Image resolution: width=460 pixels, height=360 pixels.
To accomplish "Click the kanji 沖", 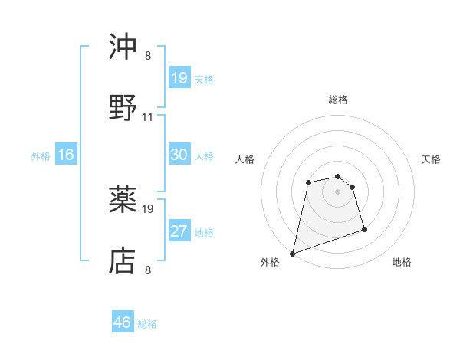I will [123, 48].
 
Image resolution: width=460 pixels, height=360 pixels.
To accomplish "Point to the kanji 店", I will [123, 261].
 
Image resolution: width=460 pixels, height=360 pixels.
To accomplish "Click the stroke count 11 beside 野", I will [148, 117].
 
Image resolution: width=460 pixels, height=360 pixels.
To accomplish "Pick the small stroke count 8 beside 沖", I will [148, 56].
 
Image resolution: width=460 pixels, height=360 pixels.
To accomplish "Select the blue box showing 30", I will [179, 155].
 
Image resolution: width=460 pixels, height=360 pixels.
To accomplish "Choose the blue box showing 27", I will [179, 231].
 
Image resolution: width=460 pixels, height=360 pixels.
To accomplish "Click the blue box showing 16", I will [66, 155].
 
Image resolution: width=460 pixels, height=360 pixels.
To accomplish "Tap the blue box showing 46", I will [123, 322].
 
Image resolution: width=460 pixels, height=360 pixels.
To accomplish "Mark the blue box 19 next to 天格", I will [179, 78].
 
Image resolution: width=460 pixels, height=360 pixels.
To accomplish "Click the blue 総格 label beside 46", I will [148, 324].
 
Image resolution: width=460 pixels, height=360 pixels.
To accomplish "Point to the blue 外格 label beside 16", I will [41, 155].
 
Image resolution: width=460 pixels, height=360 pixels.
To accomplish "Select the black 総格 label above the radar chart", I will [338, 100].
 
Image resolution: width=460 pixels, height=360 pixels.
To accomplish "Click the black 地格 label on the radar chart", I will [402, 263].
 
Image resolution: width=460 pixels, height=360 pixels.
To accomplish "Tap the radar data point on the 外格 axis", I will [292, 254].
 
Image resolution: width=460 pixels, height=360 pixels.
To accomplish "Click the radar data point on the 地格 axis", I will [364, 229].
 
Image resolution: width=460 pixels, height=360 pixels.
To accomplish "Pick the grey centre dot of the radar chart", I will [338, 191].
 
